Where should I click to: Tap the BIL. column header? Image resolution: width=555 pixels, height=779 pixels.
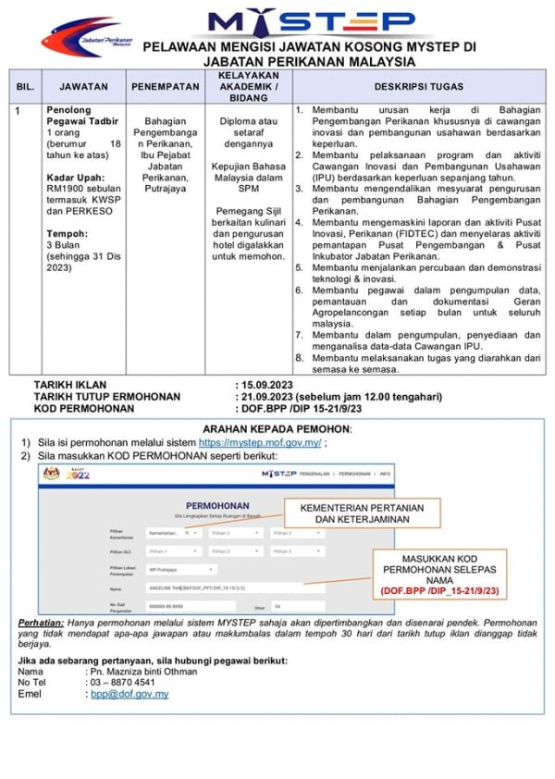(x=25, y=86)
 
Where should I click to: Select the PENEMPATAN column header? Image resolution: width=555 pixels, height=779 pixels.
(x=166, y=86)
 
